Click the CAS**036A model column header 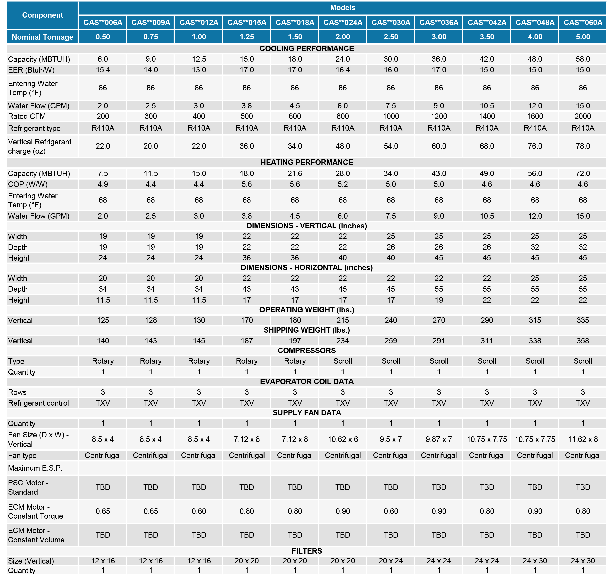[439, 23]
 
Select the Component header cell [42, 15]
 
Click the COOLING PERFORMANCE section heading [307, 49]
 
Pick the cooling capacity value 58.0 [583, 59]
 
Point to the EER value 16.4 [343, 70]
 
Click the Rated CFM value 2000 [583, 116]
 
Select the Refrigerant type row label [34, 128]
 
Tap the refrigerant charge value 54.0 [391, 146]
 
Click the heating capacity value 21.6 [295, 173]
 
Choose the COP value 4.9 [103, 184]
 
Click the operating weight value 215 [343, 320]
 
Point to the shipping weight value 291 [439, 340]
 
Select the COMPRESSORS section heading [307, 350]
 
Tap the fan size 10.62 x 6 [343, 439]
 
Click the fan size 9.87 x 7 [439, 439]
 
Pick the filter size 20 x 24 [391, 561]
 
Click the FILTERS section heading [307, 551]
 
